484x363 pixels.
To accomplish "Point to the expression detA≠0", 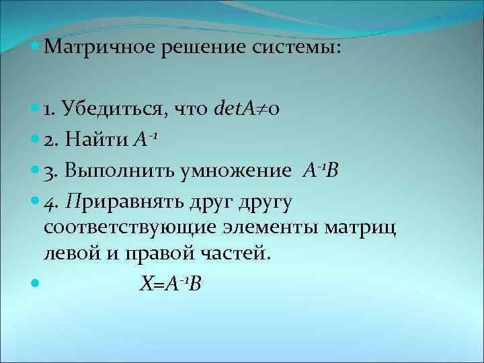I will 251,107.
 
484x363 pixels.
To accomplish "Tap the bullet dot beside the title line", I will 35,48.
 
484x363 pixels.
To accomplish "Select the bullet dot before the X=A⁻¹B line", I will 35,285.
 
